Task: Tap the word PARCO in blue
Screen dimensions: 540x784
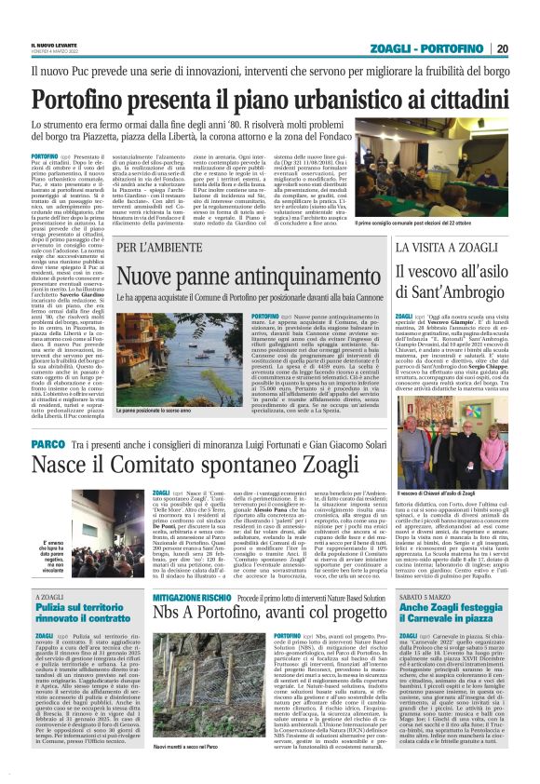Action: tap(47, 445)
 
